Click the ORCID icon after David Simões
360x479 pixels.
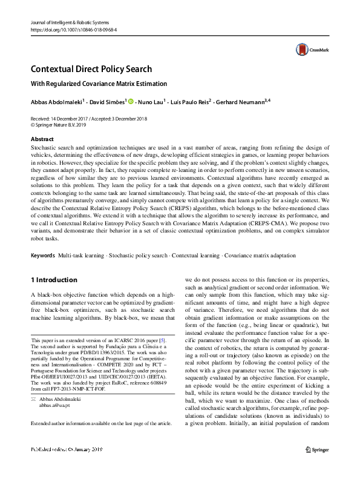[x=131, y=102]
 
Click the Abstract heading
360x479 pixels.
[x=42, y=139]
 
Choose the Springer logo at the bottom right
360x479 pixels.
[x=317, y=466]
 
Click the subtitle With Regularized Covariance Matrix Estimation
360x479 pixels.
[x=98, y=84]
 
